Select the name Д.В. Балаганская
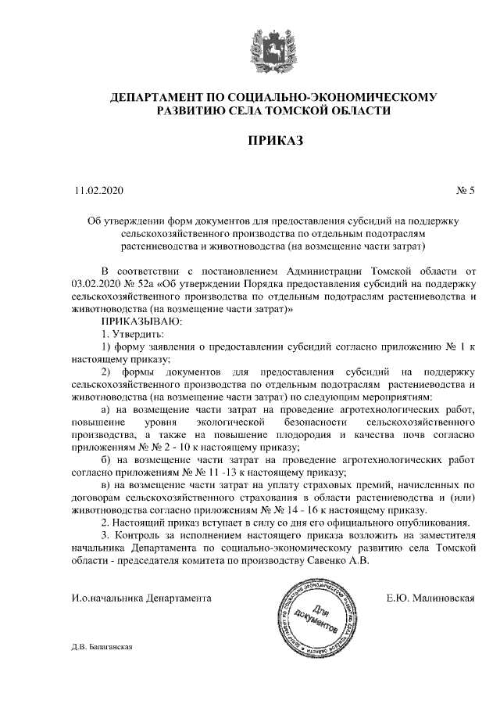coord(105,647)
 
